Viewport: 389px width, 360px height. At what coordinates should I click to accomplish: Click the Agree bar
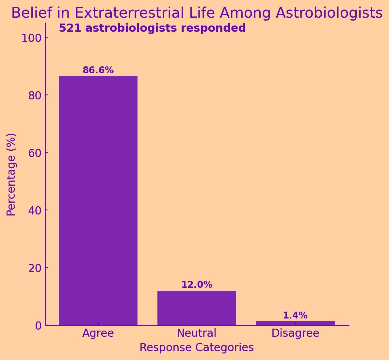(x=98, y=200)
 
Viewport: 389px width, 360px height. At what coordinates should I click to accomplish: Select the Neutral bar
(x=197, y=308)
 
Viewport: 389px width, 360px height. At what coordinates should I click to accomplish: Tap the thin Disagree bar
(x=295, y=323)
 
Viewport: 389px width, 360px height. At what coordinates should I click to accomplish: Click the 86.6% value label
(x=98, y=70)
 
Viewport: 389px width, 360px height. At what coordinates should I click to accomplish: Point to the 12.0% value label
(x=197, y=285)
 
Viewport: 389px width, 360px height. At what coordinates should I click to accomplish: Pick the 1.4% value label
(x=295, y=316)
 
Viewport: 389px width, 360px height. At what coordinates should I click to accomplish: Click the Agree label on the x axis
(x=98, y=333)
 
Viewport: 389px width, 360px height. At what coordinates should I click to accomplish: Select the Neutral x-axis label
(x=197, y=333)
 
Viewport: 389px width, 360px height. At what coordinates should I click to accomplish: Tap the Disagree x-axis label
(x=295, y=333)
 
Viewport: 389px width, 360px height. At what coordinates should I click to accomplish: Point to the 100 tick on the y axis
(x=31, y=38)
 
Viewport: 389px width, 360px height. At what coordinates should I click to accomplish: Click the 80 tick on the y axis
(x=34, y=95)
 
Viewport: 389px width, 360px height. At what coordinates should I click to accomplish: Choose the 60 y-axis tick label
(x=34, y=153)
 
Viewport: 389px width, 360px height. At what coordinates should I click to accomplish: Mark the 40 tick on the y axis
(x=34, y=210)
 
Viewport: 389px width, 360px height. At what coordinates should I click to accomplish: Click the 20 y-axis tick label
(x=34, y=268)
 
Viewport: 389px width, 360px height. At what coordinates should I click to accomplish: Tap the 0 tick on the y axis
(x=39, y=325)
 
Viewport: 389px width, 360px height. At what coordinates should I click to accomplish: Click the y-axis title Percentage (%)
(x=11, y=174)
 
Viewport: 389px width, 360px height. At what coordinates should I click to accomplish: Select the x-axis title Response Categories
(x=197, y=348)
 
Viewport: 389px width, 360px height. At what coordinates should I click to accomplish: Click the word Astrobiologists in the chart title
(x=329, y=13)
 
